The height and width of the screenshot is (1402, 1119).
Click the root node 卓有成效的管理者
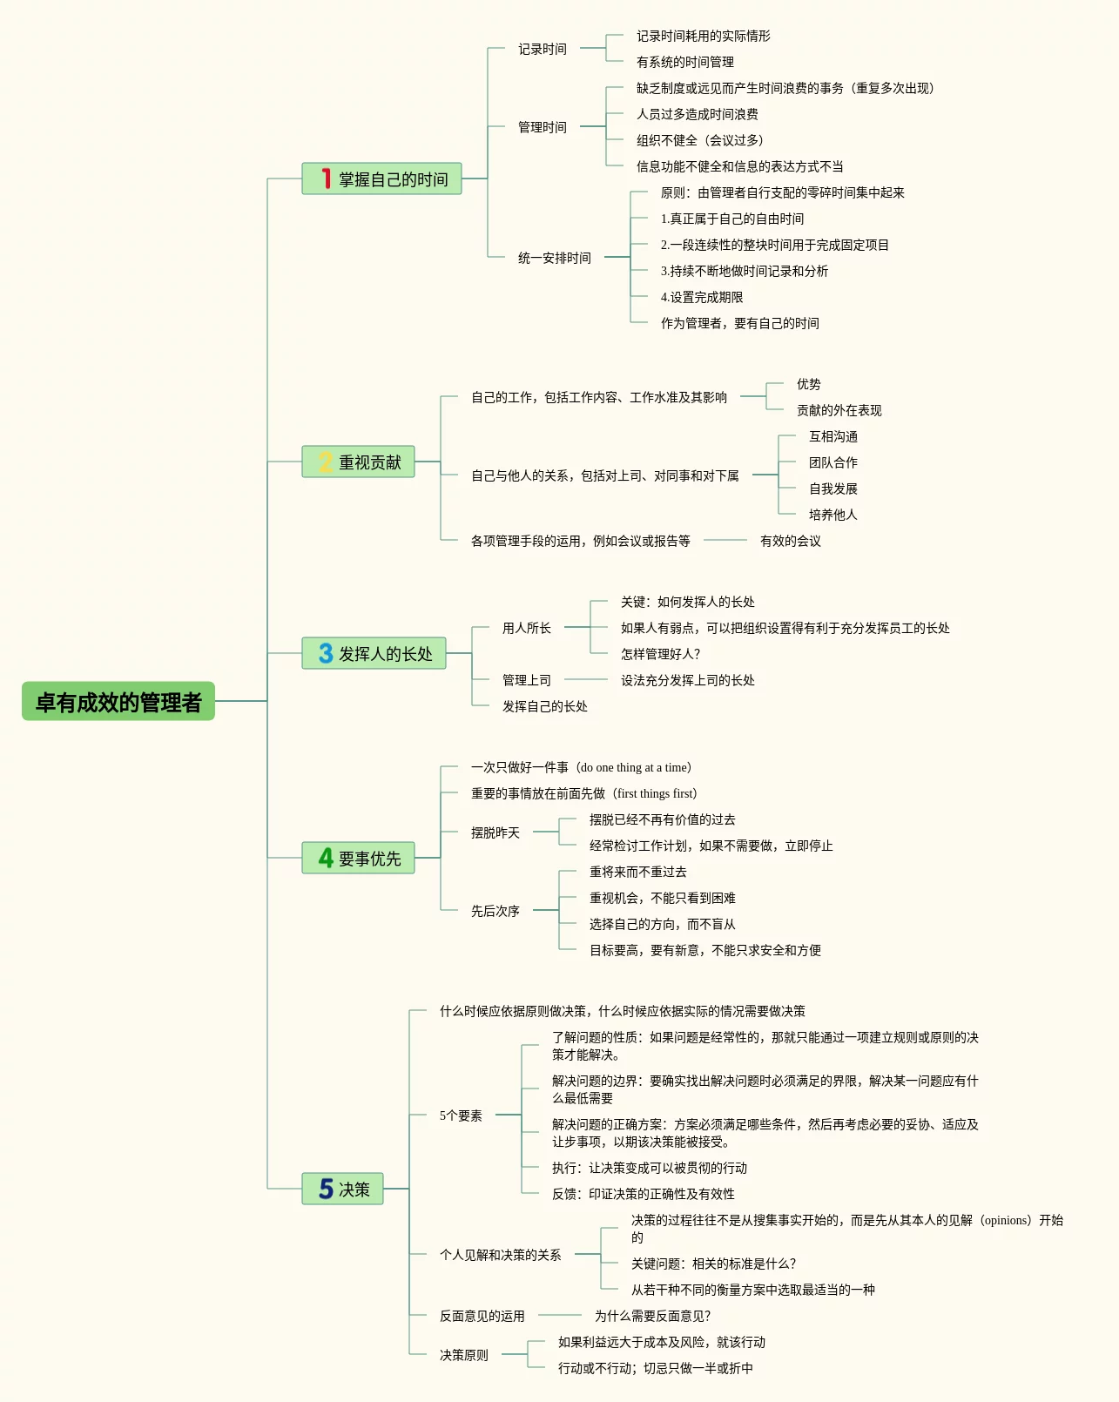click(x=118, y=702)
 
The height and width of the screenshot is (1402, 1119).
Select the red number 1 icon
click(x=326, y=179)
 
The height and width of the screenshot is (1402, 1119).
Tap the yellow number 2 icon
click(x=326, y=462)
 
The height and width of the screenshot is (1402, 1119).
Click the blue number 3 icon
click(x=326, y=653)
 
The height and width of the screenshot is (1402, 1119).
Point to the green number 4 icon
click(x=326, y=858)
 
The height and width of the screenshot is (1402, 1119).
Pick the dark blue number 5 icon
click(x=326, y=1189)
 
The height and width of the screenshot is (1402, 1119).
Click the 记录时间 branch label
click(x=542, y=49)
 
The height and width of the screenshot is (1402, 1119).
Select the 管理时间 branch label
click(x=542, y=127)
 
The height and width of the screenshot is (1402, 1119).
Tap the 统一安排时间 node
click(x=554, y=258)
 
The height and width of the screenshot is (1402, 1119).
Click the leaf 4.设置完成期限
click(x=701, y=297)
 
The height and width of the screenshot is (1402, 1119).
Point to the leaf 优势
click(x=808, y=384)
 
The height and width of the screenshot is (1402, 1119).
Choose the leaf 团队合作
click(x=833, y=462)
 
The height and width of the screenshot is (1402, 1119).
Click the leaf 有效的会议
click(x=790, y=541)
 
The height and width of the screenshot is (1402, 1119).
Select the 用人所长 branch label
click(x=526, y=628)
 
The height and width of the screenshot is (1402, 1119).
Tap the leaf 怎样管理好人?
click(x=660, y=654)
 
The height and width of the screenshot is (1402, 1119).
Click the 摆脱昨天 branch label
click(x=495, y=832)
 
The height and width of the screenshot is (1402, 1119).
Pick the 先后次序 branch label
click(x=495, y=911)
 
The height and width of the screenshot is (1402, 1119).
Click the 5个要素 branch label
click(x=461, y=1116)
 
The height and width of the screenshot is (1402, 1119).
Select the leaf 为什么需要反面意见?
click(x=652, y=1316)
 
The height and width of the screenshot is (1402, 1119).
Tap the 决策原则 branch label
click(x=463, y=1355)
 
